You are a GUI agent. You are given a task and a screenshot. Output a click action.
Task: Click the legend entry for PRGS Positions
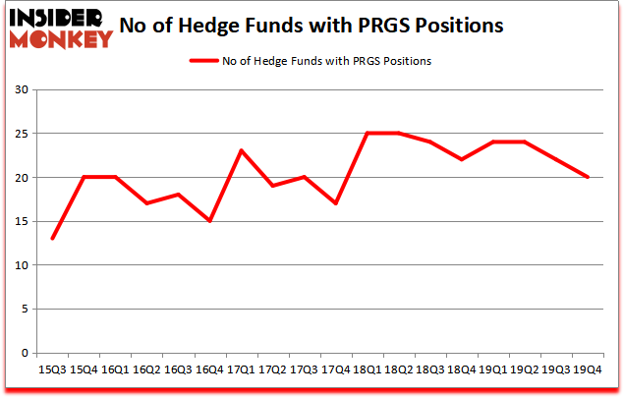click(x=311, y=61)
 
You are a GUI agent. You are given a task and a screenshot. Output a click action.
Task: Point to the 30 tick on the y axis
click(x=22, y=90)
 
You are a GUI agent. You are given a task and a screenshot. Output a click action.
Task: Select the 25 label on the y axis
click(x=22, y=134)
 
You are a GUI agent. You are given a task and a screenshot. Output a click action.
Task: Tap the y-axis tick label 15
click(x=22, y=221)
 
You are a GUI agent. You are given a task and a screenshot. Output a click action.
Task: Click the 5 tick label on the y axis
click(x=25, y=309)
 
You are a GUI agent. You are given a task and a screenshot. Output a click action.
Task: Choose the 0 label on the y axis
click(x=25, y=353)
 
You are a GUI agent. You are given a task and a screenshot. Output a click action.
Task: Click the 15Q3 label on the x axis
click(x=52, y=369)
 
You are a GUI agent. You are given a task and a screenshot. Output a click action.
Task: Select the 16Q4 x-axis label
click(x=209, y=369)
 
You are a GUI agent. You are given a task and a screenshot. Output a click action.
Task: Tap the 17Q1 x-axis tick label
click(x=241, y=369)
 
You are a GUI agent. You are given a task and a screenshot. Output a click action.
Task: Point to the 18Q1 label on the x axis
click(x=368, y=369)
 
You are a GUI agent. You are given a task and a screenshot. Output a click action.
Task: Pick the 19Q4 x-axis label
click(x=588, y=369)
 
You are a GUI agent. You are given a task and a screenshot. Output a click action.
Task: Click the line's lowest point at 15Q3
click(x=52, y=239)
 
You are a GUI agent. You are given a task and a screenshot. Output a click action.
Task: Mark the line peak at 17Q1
click(x=241, y=150)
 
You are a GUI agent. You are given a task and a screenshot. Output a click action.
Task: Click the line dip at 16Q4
click(x=209, y=221)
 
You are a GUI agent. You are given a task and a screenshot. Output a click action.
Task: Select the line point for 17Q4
click(x=336, y=203)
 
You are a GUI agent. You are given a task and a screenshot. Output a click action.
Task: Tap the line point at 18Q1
click(x=368, y=134)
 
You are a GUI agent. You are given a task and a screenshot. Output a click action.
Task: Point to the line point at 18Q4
click(x=462, y=159)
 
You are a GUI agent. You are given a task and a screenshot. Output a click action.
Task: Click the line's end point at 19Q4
click(x=588, y=177)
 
